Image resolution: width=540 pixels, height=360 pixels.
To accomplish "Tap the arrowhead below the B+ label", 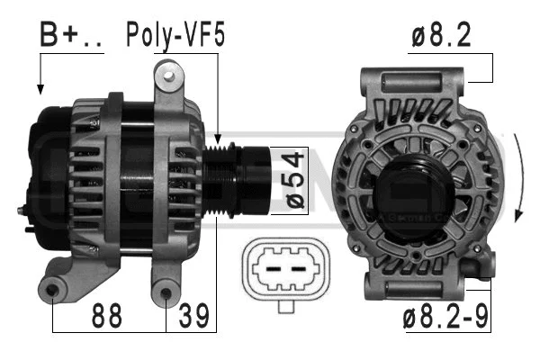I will point(40,89).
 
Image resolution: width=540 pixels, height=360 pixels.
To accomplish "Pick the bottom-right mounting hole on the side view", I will point(166,292).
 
